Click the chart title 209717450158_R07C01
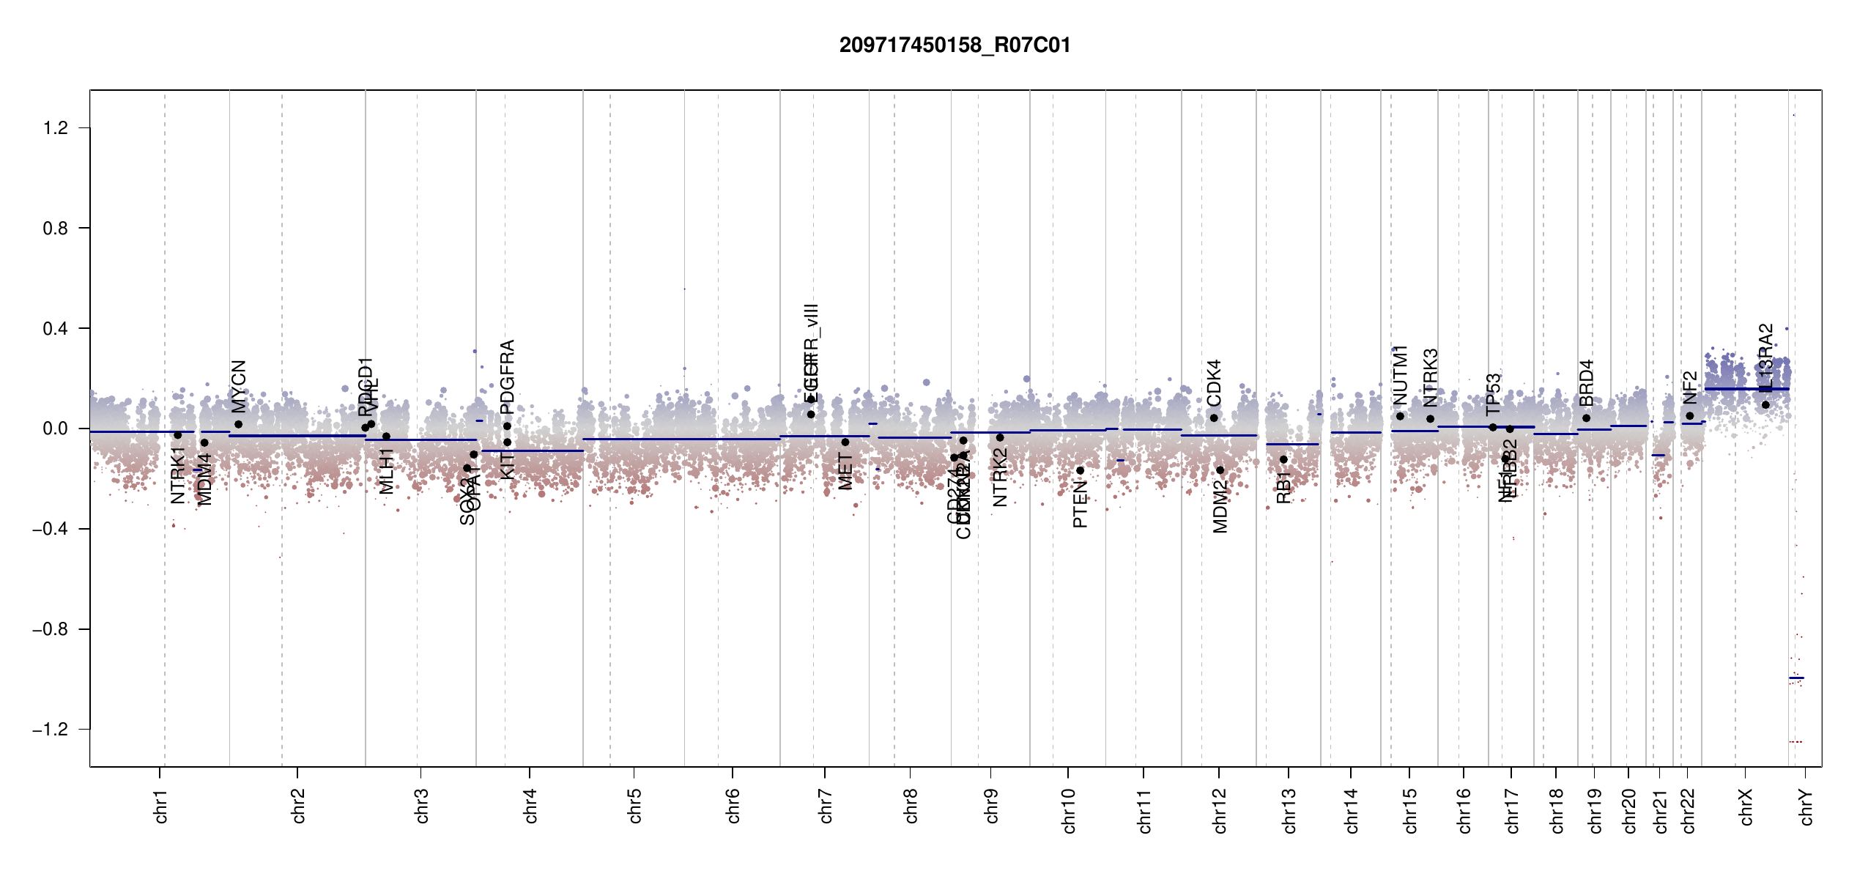tap(955, 45)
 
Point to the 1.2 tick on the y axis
tap(56, 128)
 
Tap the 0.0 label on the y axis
tap(56, 429)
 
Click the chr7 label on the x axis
tap(826, 806)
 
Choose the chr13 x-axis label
tap(1289, 810)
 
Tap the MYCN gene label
tap(239, 386)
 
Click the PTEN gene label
tap(1080, 505)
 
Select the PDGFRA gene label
tap(507, 377)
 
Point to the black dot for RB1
tap(1283, 459)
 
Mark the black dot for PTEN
tap(1080, 470)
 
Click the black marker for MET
tap(845, 442)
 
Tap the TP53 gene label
tap(1494, 394)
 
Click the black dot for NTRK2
tap(1000, 437)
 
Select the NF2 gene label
tap(1689, 387)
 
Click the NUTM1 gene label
tap(1400, 375)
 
